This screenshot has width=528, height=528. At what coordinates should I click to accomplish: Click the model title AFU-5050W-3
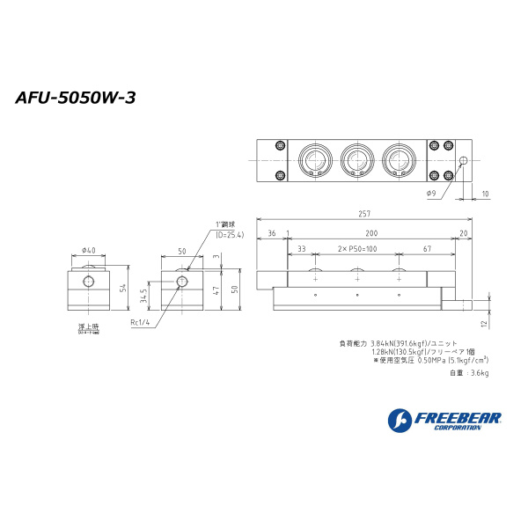coord(75,98)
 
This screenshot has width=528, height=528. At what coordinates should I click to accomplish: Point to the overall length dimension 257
coord(364,214)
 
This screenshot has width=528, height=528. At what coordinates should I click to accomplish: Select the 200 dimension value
coord(372,232)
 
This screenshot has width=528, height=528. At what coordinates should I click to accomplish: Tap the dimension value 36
coord(271,232)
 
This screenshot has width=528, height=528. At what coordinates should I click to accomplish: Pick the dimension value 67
coord(426,250)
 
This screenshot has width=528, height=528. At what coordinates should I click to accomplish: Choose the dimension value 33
coord(302,250)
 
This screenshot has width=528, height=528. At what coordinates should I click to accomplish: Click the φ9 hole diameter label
coord(431,193)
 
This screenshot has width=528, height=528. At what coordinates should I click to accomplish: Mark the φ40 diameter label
coord(87,251)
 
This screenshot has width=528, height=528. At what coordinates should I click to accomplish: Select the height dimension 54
coord(124,288)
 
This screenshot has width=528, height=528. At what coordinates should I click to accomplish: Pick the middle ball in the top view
coord(356,160)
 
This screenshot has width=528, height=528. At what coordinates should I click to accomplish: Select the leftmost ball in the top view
coord(315,160)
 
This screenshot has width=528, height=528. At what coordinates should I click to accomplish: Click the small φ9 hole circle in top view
coord(464,160)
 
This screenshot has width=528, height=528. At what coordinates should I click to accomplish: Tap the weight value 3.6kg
coord(480,373)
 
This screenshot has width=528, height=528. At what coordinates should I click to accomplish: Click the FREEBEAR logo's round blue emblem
coord(400,420)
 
